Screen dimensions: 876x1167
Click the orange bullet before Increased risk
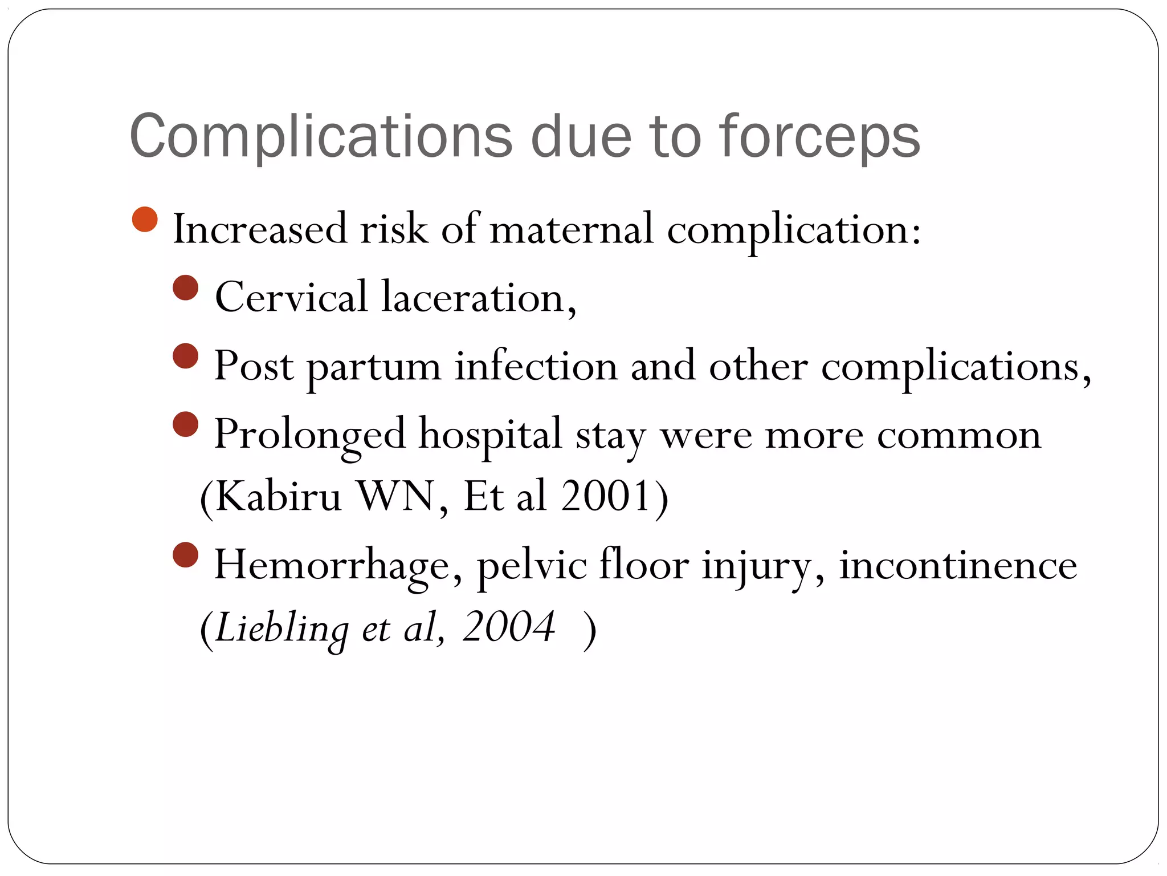[x=145, y=220]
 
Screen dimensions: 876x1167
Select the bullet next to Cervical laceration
[x=185, y=288]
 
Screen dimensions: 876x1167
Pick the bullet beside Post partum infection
[x=185, y=356]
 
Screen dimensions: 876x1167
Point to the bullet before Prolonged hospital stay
[x=185, y=425]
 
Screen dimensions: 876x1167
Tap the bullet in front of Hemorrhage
[x=185, y=555]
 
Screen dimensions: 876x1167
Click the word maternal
[x=571, y=229]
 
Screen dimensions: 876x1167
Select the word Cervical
[x=291, y=297]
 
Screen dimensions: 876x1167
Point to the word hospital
[x=491, y=435]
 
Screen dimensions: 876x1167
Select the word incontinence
[x=958, y=565]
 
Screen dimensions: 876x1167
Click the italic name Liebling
[x=282, y=627]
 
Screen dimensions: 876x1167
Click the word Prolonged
[x=309, y=435]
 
